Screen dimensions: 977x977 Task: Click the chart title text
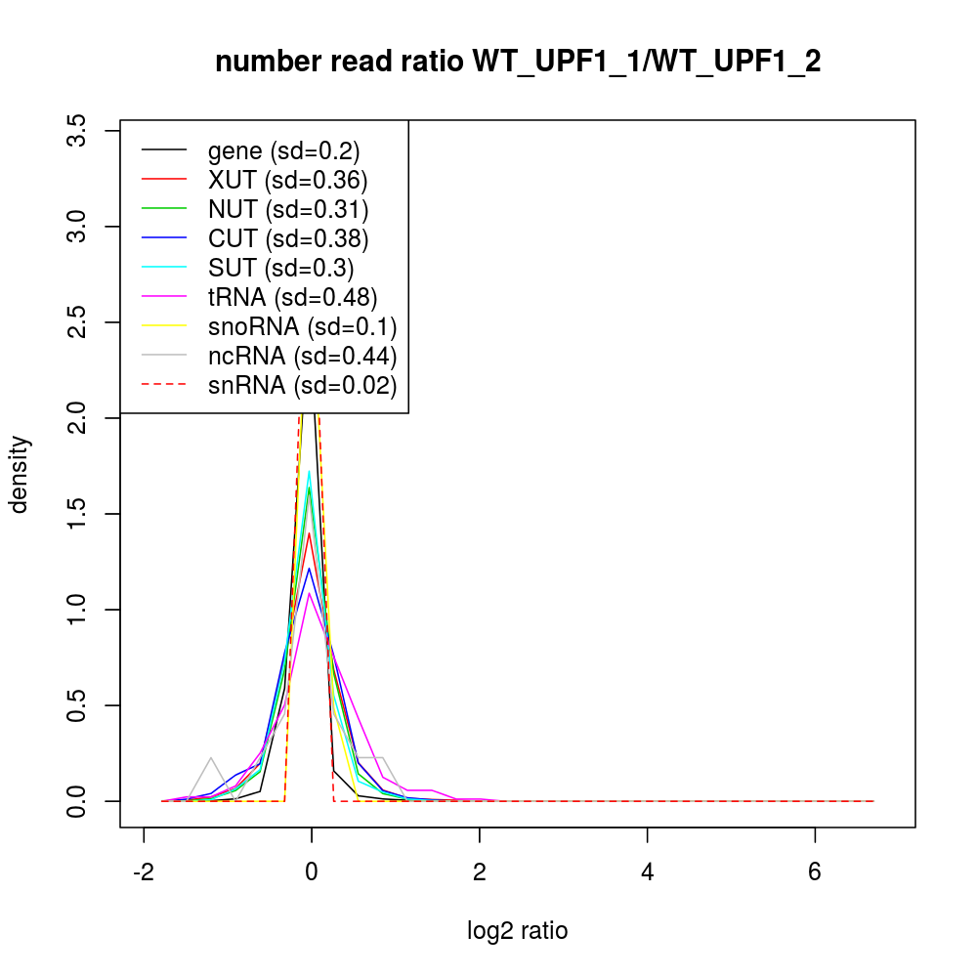518,62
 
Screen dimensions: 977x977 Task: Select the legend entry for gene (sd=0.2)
283,150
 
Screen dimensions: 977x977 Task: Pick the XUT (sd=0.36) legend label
287,180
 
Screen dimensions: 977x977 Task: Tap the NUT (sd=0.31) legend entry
287,209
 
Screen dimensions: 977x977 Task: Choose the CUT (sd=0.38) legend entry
287,238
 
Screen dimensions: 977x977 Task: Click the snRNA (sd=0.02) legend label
302,385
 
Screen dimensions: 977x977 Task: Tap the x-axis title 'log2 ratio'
518,931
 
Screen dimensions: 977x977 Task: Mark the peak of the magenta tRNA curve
310,593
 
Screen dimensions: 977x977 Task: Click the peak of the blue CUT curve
310,568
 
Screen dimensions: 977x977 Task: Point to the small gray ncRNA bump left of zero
210,757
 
